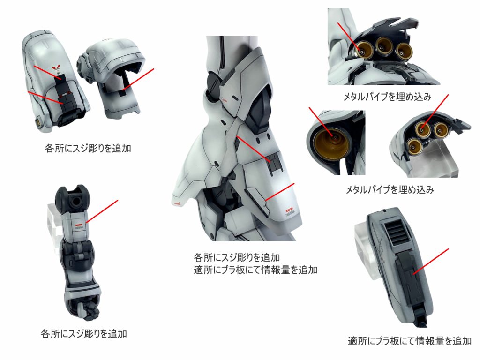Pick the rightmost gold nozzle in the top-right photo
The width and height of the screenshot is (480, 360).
point(404,52)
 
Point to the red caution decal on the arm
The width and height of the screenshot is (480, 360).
point(79,226)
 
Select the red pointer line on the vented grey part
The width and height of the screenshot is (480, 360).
point(430,261)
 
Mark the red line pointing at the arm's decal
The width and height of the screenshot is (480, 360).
point(102,211)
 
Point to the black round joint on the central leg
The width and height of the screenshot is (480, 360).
point(214,85)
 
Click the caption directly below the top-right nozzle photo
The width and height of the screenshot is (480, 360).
point(387,97)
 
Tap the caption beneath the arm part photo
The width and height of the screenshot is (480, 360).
point(84,333)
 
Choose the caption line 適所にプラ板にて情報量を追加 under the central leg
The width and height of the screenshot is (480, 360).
point(255,270)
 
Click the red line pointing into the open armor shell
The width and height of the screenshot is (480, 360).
point(137,79)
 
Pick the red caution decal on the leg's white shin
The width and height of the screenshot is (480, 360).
point(289,210)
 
